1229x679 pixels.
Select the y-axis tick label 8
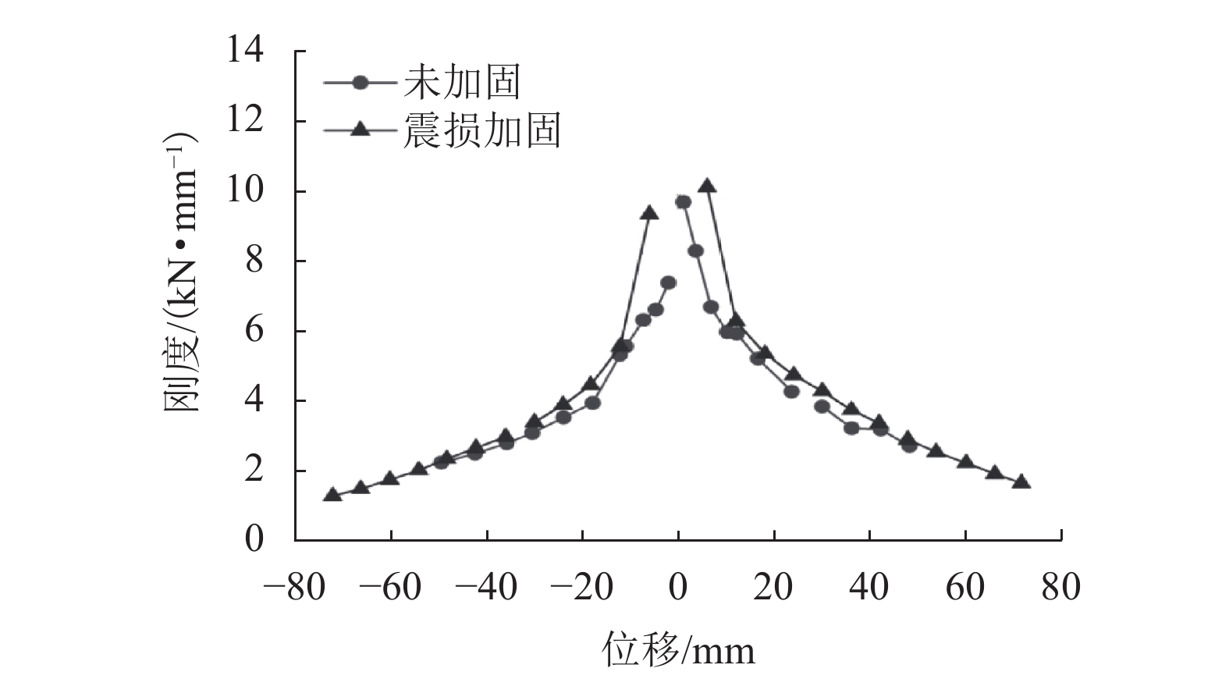[254, 261]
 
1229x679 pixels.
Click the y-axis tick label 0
[254, 539]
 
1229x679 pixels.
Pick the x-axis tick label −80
[294, 586]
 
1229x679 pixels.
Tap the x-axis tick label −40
[486, 586]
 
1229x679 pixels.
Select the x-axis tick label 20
[773, 586]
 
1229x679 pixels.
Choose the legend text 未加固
[461, 81]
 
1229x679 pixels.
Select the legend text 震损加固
[481, 130]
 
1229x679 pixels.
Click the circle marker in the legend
[360, 81]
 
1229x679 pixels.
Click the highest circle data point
[683, 202]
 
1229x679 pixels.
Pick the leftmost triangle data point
[332, 495]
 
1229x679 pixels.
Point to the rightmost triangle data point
[1021, 482]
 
